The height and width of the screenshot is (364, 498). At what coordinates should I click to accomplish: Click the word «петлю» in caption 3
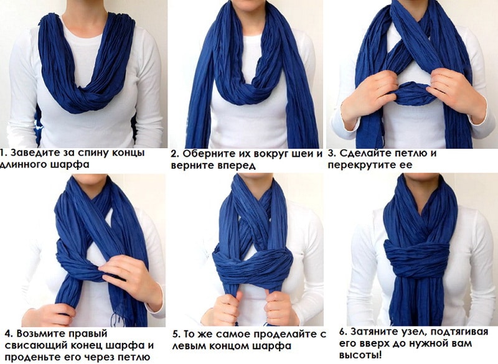[410, 153]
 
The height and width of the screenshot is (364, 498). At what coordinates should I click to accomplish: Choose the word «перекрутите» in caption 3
[360, 165]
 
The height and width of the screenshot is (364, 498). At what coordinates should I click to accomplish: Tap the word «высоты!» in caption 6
[360, 355]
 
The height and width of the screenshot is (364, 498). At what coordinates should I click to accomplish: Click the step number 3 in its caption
[332, 153]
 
